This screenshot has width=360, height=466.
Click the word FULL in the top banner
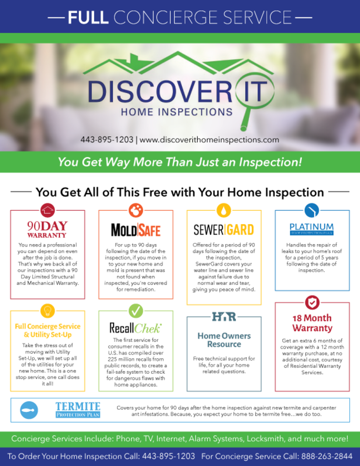click(x=88, y=17)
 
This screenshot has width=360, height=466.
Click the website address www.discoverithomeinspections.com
click(x=209, y=140)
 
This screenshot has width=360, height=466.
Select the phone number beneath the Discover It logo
click(x=107, y=140)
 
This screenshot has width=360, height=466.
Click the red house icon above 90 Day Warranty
click(x=47, y=210)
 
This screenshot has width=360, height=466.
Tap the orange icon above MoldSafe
click(x=136, y=210)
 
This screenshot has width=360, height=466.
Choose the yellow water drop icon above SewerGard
click(x=224, y=210)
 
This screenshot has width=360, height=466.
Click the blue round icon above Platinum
click(x=312, y=210)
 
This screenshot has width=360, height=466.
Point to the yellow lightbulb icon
click(x=47, y=311)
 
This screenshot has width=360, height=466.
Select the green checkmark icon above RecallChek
click(x=136, y=311)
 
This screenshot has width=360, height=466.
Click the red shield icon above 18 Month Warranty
click(x=312, y=302)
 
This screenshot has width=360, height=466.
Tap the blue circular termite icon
click(x=29, y=410)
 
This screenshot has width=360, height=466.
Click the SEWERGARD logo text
click(x=224, y=230)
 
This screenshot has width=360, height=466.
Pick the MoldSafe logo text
click(x=136, y=230)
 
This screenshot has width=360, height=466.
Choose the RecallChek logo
click(x=136, y=328)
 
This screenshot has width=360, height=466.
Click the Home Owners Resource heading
click(x=224, y=340)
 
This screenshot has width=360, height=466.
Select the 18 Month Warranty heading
click(x=312, y=323)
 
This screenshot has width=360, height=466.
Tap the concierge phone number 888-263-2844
click(x=327, y=457)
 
